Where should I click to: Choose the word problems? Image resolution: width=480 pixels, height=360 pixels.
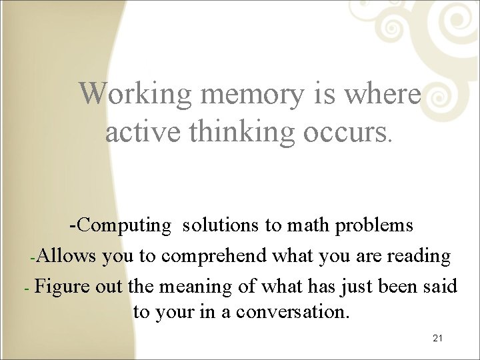[374, 225]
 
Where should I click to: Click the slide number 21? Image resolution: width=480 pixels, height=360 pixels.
[437, 339]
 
